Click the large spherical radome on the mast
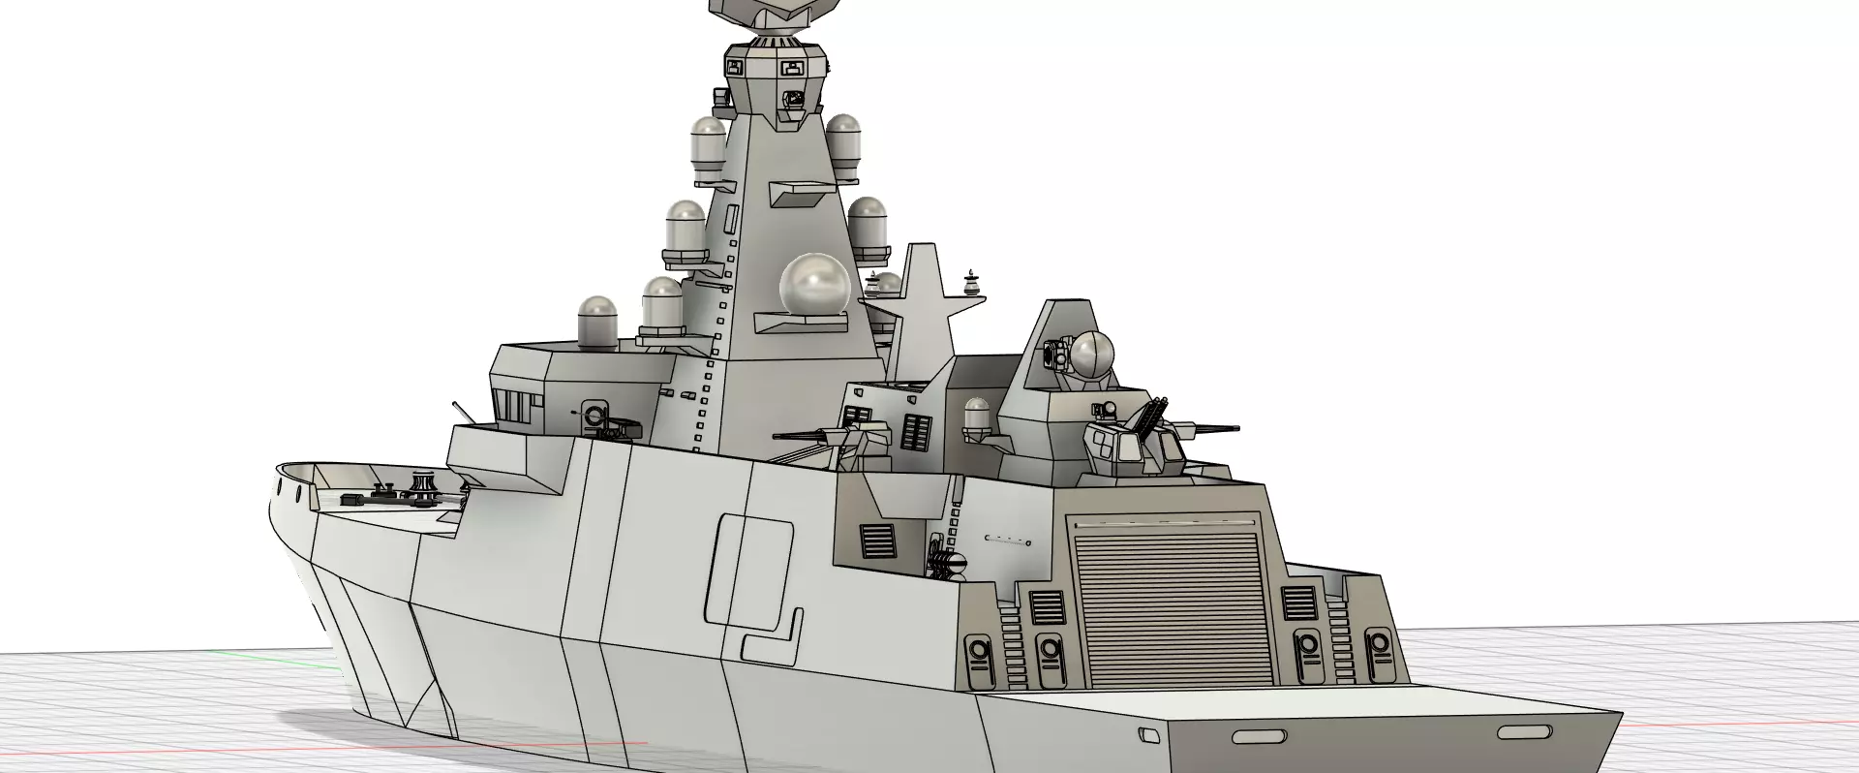(x=814, y=286)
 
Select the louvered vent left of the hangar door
(x=1047, y=607)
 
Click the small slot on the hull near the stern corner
(x=1149, y=736)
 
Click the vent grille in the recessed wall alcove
(x=878, y=542)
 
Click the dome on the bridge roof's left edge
(x=597, y=322)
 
